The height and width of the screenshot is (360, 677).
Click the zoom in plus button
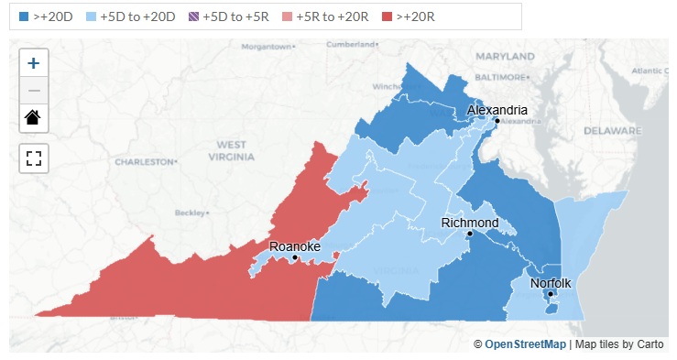(x=34, y=64)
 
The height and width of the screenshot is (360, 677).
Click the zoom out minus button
(x=34, y=91)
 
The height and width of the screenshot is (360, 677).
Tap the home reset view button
(x=34, y=117)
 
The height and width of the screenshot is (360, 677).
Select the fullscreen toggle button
(x=34, y=157)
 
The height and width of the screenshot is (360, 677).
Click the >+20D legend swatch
(x=25, y=16)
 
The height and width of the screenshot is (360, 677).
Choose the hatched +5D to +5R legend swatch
(x=206, y=16)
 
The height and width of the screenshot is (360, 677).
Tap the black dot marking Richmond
(x=469, y=234)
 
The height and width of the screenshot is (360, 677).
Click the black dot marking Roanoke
(x=294, y=258)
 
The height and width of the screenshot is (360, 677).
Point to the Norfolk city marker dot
(x=551, y=294)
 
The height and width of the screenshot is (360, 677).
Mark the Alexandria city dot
(x=497, y=121)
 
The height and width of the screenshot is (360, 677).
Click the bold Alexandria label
(x=497, y=110)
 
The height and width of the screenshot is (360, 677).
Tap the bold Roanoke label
(x=294, y=247)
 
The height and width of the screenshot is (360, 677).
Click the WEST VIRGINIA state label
(x=232, y=151)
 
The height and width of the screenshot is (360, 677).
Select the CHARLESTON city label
(x=145, y=161)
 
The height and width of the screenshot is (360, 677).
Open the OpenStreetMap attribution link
(x=525, y=344)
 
